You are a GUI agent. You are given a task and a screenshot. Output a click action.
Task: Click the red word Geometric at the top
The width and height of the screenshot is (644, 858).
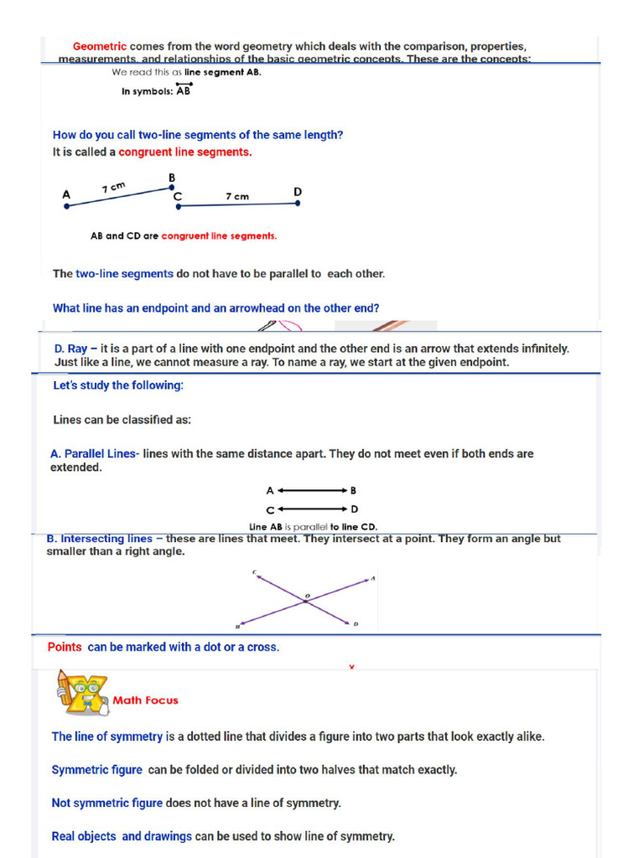(100, 47)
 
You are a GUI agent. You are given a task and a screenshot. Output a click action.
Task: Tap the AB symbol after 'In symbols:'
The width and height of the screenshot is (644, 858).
(184, 90)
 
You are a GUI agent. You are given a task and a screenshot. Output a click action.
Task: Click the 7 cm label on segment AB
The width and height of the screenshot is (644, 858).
(114, 187)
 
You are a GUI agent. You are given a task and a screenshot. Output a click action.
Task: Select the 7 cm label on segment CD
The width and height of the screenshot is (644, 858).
(237, 197)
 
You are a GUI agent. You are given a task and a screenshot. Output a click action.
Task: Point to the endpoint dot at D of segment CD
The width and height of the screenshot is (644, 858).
(298, 204)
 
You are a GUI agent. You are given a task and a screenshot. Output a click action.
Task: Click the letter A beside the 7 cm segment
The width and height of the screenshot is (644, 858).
(66, 194)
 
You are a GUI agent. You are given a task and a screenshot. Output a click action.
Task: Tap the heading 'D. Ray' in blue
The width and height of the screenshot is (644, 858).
(70, 349)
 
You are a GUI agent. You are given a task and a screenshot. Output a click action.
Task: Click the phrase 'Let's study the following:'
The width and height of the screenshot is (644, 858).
(118, 385)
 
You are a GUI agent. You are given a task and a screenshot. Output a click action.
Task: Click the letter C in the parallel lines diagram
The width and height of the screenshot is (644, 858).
(270, 509)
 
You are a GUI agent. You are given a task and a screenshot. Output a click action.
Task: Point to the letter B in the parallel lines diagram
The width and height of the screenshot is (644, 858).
(354, 491)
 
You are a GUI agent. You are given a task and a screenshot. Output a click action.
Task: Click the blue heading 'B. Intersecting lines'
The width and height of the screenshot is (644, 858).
(100, 539)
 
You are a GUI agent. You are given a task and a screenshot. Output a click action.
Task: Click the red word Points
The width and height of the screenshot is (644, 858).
(65, 647)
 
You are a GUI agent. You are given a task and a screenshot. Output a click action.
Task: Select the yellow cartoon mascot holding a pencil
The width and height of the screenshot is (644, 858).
(82, 692)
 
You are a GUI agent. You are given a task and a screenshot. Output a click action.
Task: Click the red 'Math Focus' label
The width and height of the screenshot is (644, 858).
(146, 700)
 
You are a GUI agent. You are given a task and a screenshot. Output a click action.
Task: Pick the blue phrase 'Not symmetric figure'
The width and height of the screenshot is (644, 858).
(107, 803)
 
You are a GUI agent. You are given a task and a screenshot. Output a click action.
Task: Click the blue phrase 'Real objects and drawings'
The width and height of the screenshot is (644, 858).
(122, 836)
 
